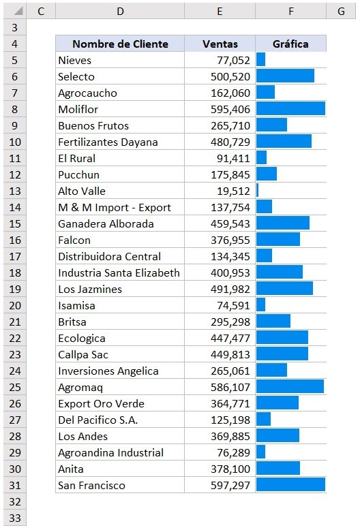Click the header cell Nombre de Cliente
tap(120, 44)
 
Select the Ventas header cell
tap(220, 44)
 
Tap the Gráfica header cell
tap(290, 44)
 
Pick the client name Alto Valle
tap(82, 191)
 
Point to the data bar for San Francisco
tap(290, 485)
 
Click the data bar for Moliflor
tap(290, 109)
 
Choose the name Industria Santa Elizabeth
tap(119, 272)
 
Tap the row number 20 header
tap(14, 305)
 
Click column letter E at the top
tap(220, 12)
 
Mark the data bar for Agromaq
tap(290, 387)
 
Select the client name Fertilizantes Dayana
tap(108, 142)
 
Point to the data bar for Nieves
tap(261, 60)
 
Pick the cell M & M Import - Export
tap(115, 207)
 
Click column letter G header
tap(340, 12)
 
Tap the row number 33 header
tap(14, 518)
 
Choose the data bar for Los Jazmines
tap(284, 289)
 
